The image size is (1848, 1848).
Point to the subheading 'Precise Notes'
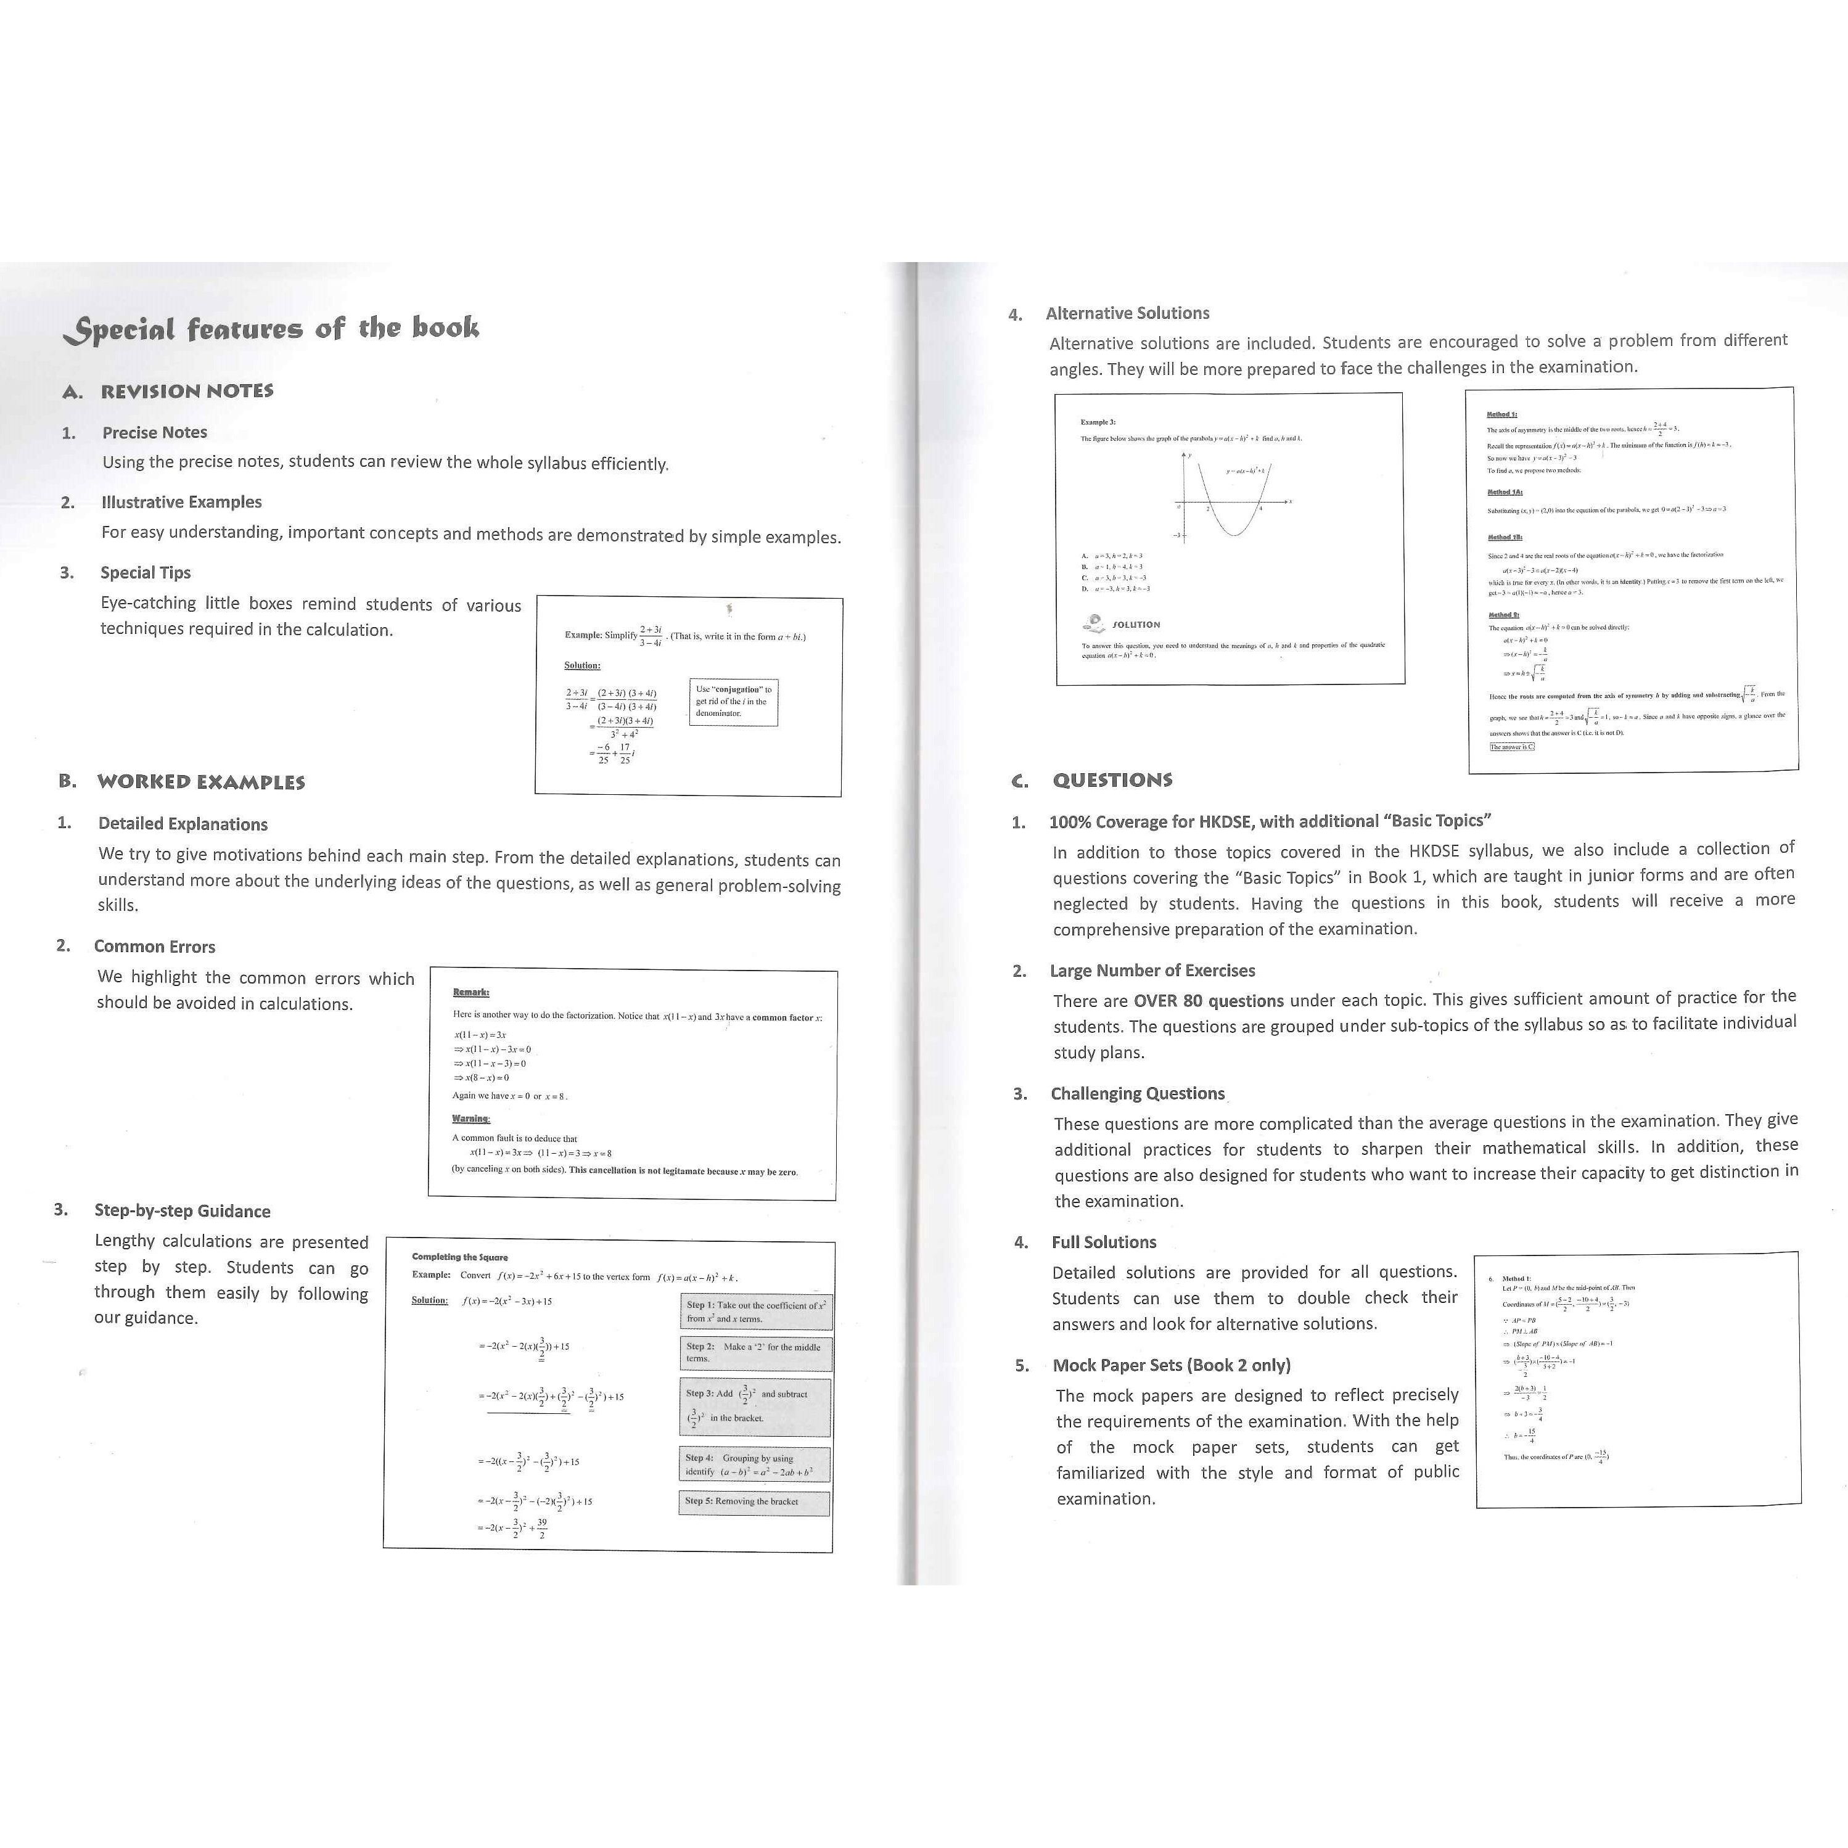(x=154, y=432)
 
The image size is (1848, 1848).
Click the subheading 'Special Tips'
(x=146, y=573)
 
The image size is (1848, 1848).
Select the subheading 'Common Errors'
(x=154, y=947)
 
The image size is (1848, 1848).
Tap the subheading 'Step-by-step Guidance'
(x=182, y=1211)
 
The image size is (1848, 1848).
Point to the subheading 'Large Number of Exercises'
(x=1152, y=971)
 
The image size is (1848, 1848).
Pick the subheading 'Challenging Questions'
(x=1137, y=1093)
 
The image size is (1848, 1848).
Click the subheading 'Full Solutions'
(x=1104, y=1242)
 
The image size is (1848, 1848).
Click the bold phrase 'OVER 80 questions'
(x=1208, y=1001)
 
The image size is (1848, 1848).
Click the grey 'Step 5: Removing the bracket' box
(x=754, y=1501)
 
